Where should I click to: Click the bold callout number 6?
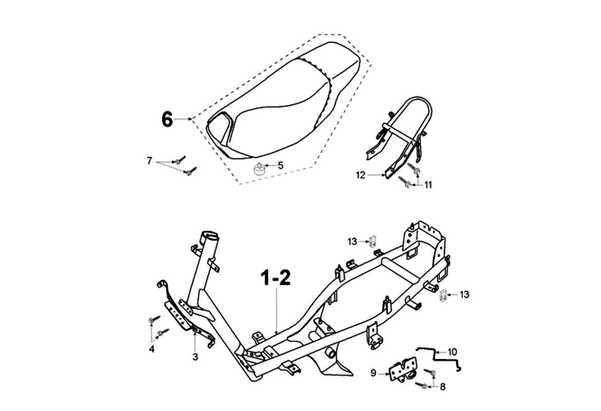[167, 119]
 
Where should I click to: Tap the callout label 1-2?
[276, 278]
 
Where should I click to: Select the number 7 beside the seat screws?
[149, 161]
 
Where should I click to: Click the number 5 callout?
[281, 165]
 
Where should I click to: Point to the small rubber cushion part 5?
[260, 169]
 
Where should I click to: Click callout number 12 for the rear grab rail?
[361, 175]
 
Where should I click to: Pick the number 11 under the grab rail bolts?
[428, 185]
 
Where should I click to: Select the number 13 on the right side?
[464, 294]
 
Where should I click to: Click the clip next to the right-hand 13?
[444, 296]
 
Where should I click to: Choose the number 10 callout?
[452, 352]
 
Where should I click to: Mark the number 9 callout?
[374, 373]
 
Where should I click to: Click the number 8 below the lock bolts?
[443, 387]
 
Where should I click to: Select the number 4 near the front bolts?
[152, 349]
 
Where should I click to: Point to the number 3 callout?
[195, 356]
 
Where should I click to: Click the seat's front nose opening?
[219, 123]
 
